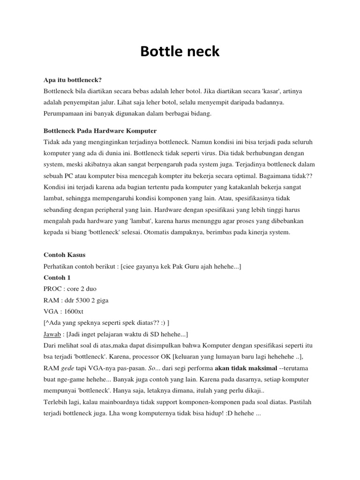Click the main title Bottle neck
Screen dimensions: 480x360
180,52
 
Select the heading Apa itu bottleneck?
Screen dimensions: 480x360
73,80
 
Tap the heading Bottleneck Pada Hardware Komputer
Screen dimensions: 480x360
100,130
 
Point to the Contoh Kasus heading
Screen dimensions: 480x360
64,255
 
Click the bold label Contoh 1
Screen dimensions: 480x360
57,277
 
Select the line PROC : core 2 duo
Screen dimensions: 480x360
70,288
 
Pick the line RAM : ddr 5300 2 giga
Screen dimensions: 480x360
76,300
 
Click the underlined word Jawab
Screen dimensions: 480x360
52,334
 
